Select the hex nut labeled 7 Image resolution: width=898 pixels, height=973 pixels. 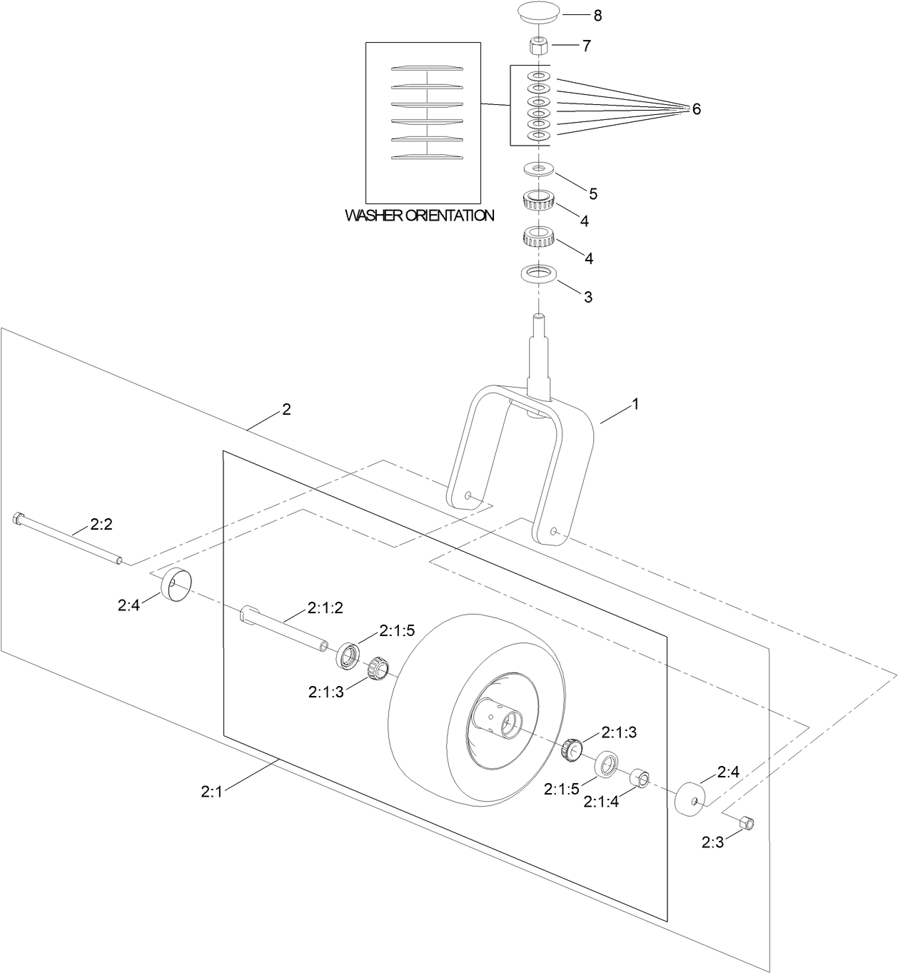pyautogui.click(x=538, y=47)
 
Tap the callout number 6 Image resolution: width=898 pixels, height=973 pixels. pyautogui.click(x=696, y=109)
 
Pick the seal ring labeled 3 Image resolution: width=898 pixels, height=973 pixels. pyautogui.click(x=538, y=274)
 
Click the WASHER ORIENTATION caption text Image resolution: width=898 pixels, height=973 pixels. pyautogui.click(x=420, y=215)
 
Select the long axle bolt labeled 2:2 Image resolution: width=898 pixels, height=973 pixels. pyautogui.click(x=68, y=540)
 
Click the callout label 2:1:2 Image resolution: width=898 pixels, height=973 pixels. pyautogui.click(x=326, y=608)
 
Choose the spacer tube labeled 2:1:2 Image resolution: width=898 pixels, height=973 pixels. pyautogui.click(x=285, y=628)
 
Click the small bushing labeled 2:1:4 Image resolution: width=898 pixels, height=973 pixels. pyautogui.click(x=639, y=779)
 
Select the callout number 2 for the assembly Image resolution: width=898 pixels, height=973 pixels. pyautogui.click(x=286, y=409)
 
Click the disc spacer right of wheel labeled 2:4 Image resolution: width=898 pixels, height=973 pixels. pyautogui.click(x=690, y=797)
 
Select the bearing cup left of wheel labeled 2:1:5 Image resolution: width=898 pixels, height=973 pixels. pyautogui.click(x=348, y=655)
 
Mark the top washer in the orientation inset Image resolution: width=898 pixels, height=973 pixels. pyautogui.click(x=427, y=69)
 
